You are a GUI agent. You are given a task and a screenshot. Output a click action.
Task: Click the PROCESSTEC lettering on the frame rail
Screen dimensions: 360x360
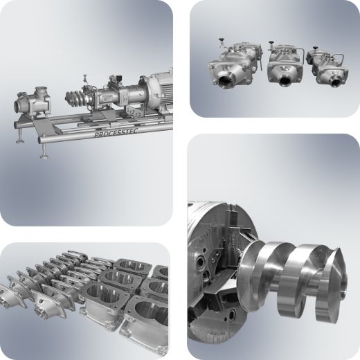click(x=116, y=133)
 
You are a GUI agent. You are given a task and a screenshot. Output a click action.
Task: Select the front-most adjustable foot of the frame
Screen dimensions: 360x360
click(x=44, y=152)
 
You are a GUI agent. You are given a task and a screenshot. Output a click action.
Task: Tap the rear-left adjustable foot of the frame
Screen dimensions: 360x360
click(x=20, y=136)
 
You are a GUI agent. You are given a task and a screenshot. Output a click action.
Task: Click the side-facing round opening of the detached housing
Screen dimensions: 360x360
click(x=18, y=106)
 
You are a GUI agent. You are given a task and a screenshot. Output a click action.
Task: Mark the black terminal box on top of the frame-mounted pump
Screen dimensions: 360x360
click(x=116, y=79)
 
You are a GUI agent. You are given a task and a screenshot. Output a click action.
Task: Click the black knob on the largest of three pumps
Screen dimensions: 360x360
click(x=222, y=39)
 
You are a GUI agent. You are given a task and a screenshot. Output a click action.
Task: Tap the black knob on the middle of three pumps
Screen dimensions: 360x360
click(x=271, y=42)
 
